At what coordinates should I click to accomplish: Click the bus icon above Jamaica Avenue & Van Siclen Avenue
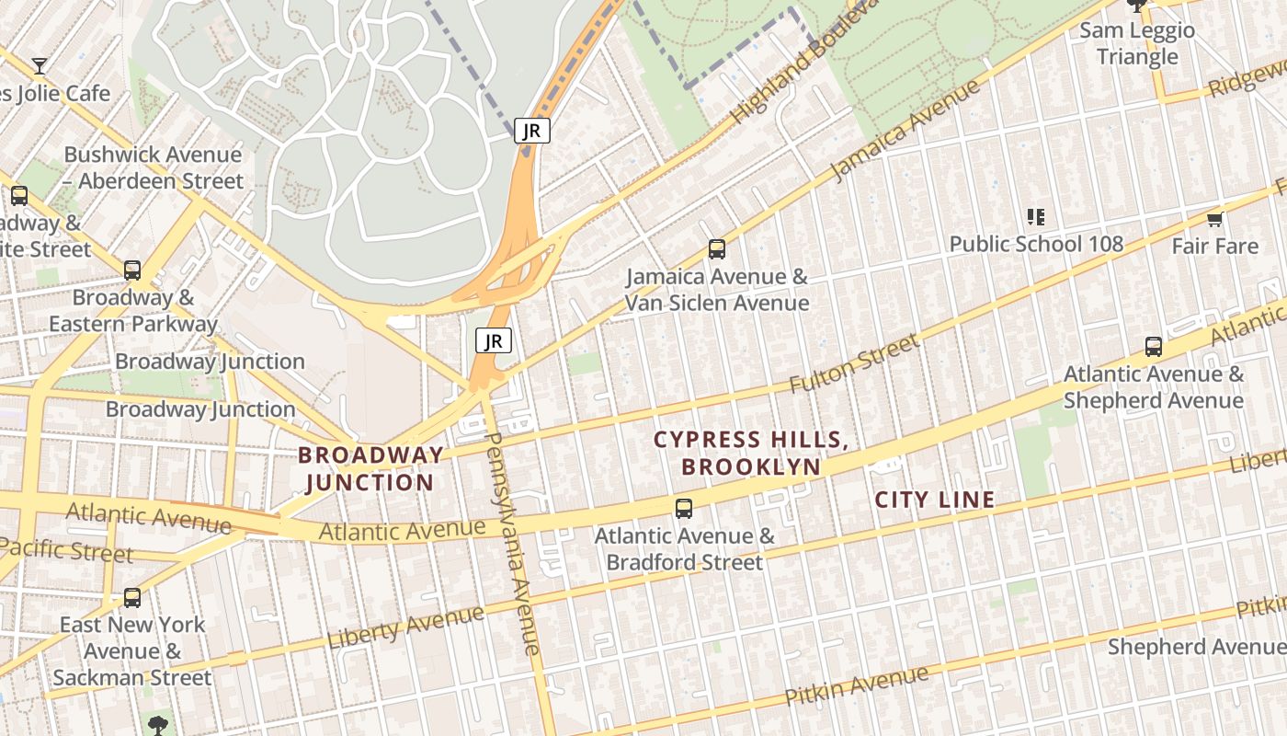716,248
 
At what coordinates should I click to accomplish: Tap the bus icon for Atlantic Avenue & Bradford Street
683,508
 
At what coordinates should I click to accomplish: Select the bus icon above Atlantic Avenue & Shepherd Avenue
1153,347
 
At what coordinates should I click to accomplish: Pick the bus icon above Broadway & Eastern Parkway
132,270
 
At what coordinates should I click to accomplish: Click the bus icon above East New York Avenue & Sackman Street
132,597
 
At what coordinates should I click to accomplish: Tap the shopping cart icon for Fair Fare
1214,219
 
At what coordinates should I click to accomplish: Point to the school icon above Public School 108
1036,217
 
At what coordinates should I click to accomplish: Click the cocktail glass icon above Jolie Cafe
40,65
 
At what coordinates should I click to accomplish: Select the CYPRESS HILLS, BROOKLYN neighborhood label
750,453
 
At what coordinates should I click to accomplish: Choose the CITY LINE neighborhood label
934,500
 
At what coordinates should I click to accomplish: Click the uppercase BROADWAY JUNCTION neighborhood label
370,468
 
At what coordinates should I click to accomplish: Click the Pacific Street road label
66,550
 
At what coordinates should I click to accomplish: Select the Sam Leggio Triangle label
1137,43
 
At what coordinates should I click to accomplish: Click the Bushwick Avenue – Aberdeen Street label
153,167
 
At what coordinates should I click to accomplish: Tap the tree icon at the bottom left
158,724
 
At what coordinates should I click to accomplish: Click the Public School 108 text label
1036,244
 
